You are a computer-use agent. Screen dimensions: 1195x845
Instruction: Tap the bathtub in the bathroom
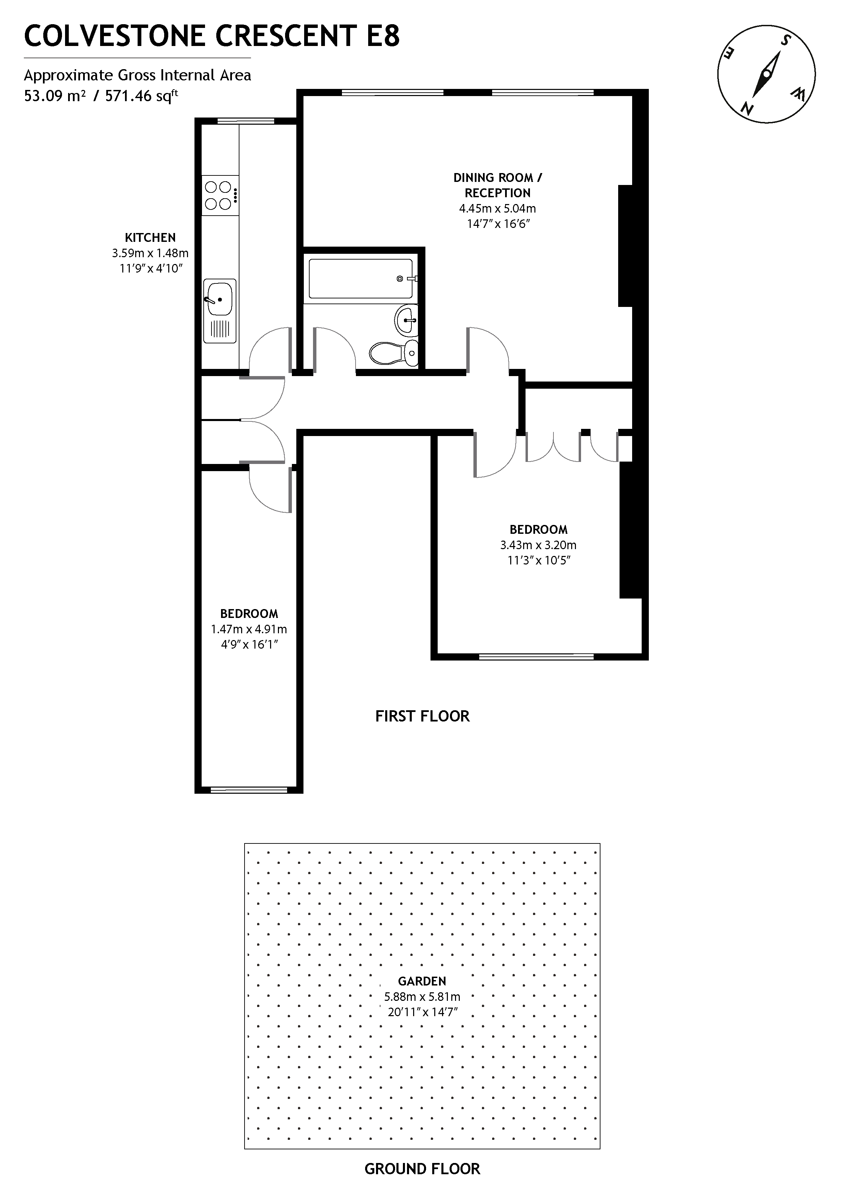361,279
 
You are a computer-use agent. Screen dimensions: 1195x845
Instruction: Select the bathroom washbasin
406,320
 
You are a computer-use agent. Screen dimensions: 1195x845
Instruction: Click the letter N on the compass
748,108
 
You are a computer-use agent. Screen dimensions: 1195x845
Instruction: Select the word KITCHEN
151,238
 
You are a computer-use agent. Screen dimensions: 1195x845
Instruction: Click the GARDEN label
422,981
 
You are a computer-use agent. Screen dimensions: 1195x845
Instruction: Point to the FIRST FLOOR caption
422,716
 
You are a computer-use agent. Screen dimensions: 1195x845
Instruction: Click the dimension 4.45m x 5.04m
497,209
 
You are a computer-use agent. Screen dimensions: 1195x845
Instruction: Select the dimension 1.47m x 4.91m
249,629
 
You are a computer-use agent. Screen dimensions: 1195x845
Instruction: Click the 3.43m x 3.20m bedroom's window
536,656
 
